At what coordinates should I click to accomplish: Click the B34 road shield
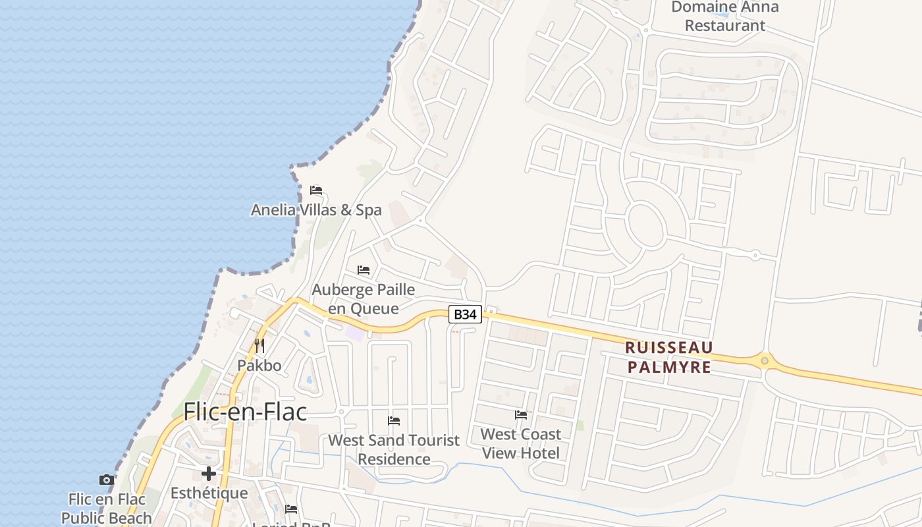[466, 314]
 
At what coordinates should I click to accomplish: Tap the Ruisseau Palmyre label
[669, 357]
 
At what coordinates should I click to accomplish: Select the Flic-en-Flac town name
[245, 412]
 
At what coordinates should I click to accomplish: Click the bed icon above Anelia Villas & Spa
[316, 190]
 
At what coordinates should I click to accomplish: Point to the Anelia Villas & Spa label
[316, 210]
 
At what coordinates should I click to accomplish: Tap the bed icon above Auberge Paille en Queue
[364, 270]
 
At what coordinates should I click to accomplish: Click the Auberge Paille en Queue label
[364, 299]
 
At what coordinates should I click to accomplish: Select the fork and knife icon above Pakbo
[259, 346]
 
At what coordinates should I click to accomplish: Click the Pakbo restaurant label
[259, 366]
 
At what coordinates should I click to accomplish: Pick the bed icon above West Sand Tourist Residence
[394, 420]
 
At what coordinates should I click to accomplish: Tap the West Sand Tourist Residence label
[394, 449]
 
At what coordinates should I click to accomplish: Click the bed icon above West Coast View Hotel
[521, 415]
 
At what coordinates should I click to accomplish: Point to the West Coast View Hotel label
[521, 443]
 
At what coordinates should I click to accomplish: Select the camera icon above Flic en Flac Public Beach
[106, 480]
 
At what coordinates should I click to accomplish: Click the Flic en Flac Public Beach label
[107, 509]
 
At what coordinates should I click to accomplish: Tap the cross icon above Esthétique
[209, 474]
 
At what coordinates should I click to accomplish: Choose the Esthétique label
[209, 493]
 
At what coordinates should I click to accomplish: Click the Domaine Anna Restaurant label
[724, 16]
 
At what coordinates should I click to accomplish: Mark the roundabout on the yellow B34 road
[764, 360]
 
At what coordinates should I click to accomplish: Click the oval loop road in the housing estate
[645, 224]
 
